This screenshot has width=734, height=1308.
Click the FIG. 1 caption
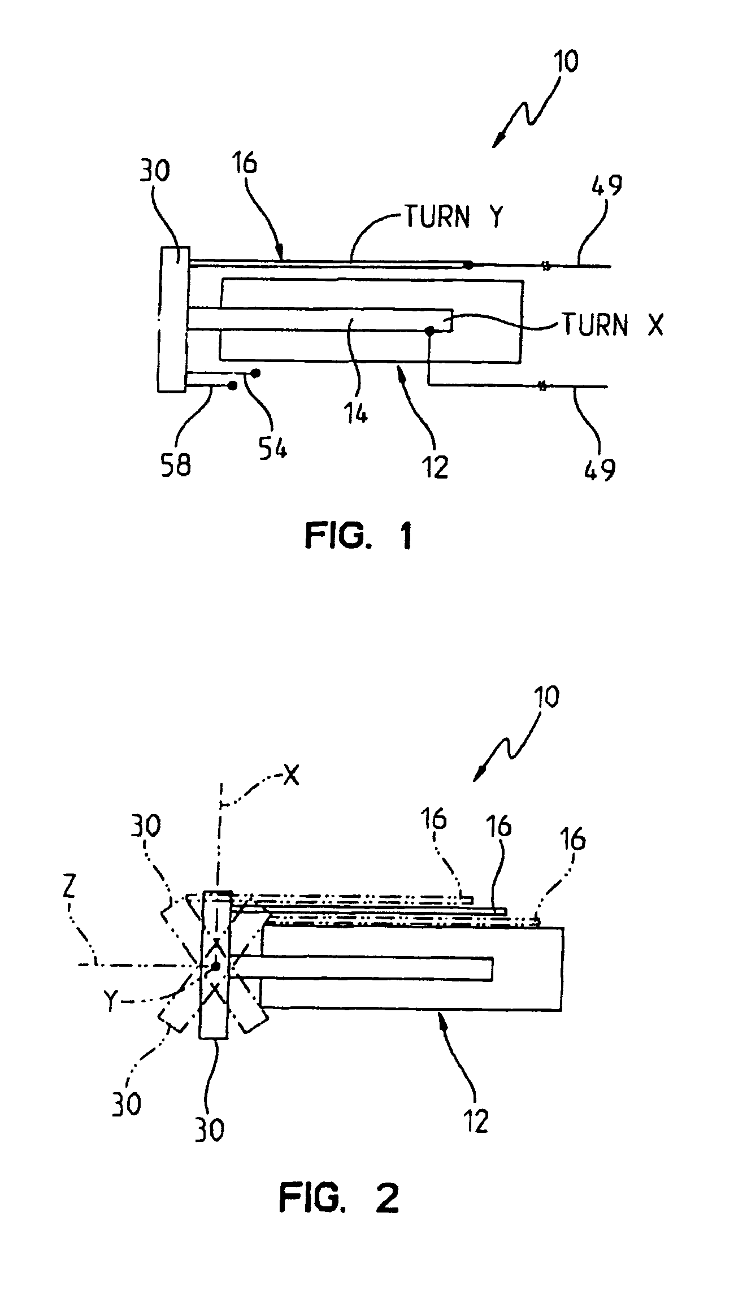coord(358,536)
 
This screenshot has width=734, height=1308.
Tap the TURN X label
coord(611,325)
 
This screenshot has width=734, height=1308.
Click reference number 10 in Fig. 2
coord(545,697)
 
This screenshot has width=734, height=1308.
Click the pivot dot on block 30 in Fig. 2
coord(215,966)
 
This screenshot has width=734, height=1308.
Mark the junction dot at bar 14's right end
coord(429,331)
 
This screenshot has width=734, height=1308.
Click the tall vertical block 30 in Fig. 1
coord(173,319)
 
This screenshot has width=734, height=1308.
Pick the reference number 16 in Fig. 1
coord(244,163)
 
